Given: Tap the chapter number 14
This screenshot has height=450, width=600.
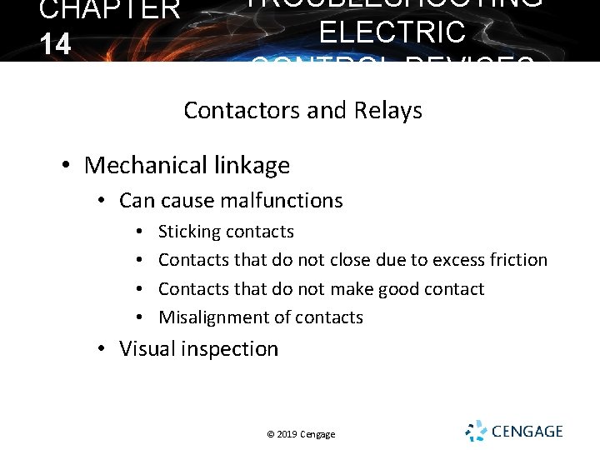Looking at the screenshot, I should (55, 44).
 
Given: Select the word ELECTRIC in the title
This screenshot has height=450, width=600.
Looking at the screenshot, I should (392, 32).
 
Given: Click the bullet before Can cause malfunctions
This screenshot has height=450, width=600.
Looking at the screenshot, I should (99, 202).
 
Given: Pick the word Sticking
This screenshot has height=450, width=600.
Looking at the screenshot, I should (189, 232).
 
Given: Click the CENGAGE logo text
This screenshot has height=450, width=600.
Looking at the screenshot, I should (527, 432).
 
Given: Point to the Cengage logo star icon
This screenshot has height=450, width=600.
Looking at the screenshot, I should (476, 431).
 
